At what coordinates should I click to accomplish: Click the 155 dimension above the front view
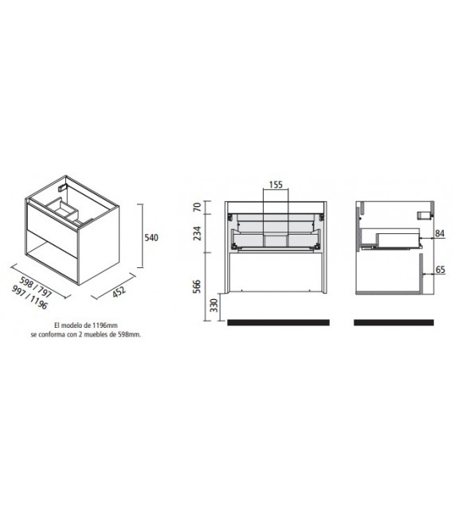276,185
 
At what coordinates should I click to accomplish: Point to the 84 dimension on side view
439,234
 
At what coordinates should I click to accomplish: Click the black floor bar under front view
278,322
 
